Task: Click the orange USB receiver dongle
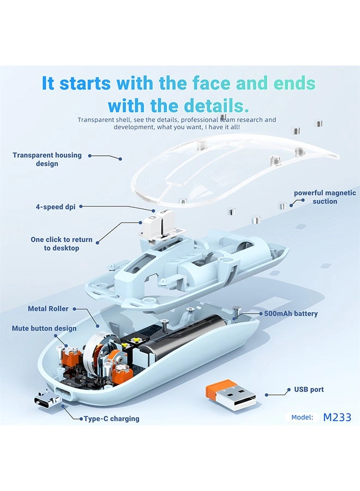coord(231,393)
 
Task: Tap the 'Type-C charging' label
coord(111,418)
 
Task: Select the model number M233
coord(337,417)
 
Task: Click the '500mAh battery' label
coord(291,314)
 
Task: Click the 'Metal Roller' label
coord(48,308)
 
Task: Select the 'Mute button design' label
coord(44,328)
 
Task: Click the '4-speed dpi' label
coord(56,207)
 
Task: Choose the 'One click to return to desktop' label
coord(61,244)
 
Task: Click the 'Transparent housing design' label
coord(47,159)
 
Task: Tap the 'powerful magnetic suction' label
coord(325,197)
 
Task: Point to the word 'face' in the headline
coord(212,83)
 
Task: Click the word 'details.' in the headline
coord(217,105)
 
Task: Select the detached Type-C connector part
coord(47,399)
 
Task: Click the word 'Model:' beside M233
coord(302,417)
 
